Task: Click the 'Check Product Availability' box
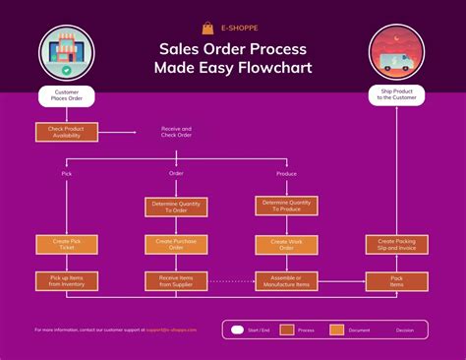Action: coord(66,131)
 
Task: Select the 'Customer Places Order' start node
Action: coord(66,96)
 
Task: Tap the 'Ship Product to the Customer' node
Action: coord(397,96)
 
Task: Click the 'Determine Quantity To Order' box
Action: coord(177,207)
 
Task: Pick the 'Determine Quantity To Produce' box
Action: coord(287,206)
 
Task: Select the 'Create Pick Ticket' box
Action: coord(66,244)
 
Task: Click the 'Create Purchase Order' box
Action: coord(177,244)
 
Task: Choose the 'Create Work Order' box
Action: coord(287,244)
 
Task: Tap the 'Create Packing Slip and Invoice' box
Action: coord(397,244)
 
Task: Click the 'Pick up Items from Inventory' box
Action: coord(66,281)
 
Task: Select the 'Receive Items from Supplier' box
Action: coord(177,281)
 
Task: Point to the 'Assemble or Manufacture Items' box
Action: coord(287,281)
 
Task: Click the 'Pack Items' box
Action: coord(397,281)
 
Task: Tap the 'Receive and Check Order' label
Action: coord(177,131)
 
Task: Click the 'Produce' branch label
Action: coord(287,173)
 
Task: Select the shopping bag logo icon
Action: coord(207,29)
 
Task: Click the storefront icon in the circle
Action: coord(66,54)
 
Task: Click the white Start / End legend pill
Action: coord(238,330)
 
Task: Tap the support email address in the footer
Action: coord(173,330)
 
